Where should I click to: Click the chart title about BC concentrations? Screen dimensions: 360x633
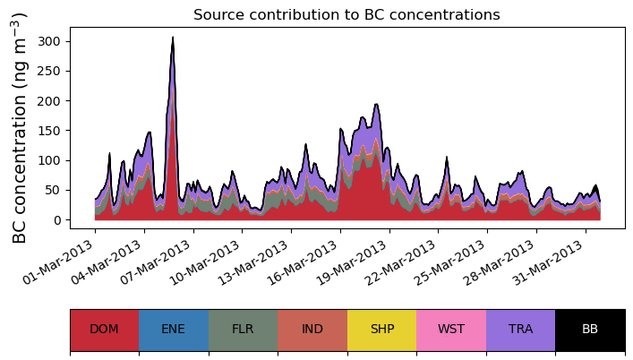(x=346, y=14)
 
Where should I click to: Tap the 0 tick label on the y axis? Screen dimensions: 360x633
(x=60, y=220)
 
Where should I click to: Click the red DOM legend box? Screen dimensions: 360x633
(x=104, y=330)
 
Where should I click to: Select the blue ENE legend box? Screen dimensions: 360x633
(x=174, y=330)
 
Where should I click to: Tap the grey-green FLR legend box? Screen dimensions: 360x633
(x=243, y=330)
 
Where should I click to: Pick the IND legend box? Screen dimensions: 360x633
(x=312, y=330)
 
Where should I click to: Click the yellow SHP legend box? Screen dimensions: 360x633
(x=381, y=330)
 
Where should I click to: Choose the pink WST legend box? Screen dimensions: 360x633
(x=451, y=330)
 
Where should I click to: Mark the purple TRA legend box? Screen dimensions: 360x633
(x=520, y=330)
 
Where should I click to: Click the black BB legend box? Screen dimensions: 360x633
(x=590, y=330)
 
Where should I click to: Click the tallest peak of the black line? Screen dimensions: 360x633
(x=173, y=38)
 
